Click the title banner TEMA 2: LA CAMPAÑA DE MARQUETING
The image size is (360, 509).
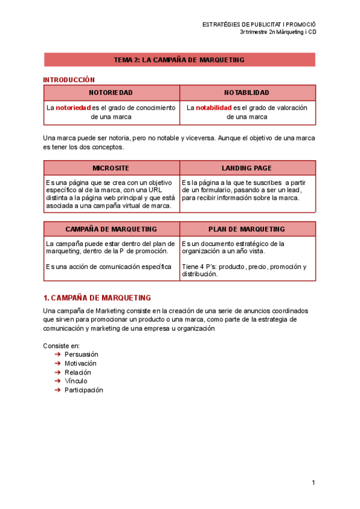tap(179, 60)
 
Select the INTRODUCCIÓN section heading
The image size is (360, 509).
tap(69, 79)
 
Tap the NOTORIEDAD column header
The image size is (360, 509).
tap(111, 92)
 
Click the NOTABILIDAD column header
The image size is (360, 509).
tap(247, 92)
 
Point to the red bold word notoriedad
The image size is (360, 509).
tap(73, 108)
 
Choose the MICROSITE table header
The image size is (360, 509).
tap(111, 168)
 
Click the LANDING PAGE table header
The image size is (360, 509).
tap(247, 168)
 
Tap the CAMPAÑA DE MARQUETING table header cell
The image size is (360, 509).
tap(111, 229)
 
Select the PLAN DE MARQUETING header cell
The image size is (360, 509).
tap(247, 229)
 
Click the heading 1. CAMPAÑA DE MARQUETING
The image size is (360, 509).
tap(97, 298)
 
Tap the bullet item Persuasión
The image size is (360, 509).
tap(82, 354)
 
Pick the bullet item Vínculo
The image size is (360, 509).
tap(76, 381)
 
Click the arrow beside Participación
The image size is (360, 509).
tap(58, 390)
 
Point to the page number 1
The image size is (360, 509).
tap(313, 483)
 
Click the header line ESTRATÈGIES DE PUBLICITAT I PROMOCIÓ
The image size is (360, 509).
tap(259, 24)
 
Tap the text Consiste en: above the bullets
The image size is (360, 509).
tap(61, 346)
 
